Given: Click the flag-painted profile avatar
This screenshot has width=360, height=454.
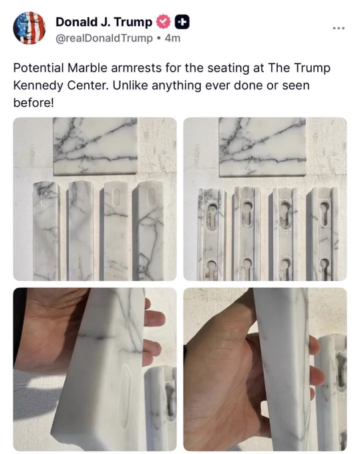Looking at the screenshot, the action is pos(29,28).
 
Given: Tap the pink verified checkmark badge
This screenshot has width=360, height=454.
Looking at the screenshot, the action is pos(164,22).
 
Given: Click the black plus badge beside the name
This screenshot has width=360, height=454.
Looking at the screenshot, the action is pos(182,22).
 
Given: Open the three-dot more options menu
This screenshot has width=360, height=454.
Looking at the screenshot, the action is pos(339,28).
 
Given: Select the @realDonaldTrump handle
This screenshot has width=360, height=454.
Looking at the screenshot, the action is pos(104,38).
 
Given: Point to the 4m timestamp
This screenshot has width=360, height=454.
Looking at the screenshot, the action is pos(172,38).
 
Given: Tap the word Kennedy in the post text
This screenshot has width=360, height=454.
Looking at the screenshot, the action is pos(38,85).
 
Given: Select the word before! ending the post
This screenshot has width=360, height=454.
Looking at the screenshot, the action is pos(33,103).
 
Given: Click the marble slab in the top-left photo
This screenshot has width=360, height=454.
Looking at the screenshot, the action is pos(96,146).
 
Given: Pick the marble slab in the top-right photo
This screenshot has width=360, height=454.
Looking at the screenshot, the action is pos(262,147).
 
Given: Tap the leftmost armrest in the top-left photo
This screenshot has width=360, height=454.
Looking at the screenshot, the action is pos(46,231).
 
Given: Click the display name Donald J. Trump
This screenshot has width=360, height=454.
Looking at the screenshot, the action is pos(104,22).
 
